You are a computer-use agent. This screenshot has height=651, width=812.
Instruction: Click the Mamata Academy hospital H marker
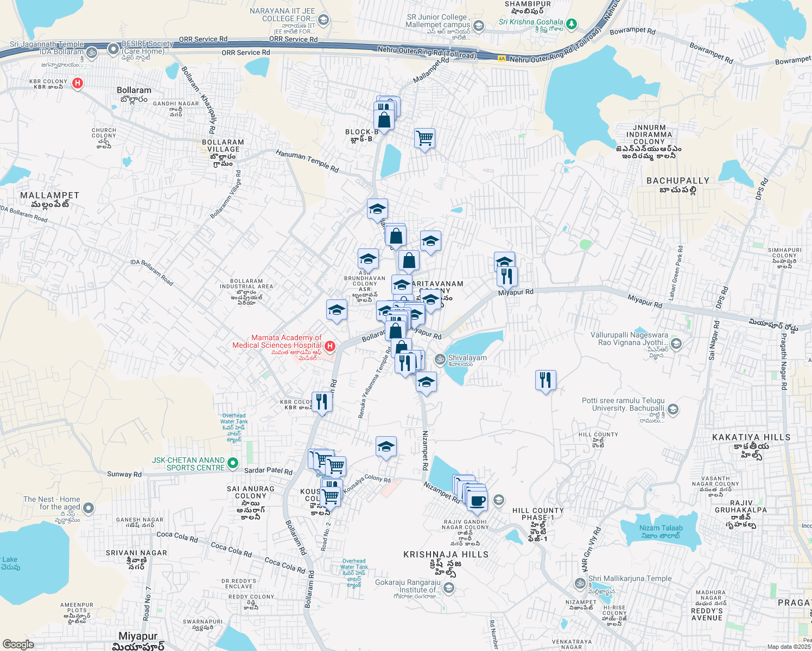(x=329, y=346)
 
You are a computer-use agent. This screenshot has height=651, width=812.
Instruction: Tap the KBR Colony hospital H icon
(x=78, y=83)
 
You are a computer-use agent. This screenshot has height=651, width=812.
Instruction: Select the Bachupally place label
(x=678, y=181)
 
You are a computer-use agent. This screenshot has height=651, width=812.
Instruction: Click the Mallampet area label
(x=49, y=195)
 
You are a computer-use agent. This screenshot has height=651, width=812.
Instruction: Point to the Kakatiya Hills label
(x=751, y=437)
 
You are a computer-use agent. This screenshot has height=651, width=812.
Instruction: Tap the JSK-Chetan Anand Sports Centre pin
(x=233, y=463)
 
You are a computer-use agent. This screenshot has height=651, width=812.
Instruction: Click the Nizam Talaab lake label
(x=661, y=528)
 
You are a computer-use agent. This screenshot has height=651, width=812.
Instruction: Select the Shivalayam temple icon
(x=440, y=359)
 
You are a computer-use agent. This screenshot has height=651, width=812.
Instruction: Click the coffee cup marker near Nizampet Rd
(x=477, y=501)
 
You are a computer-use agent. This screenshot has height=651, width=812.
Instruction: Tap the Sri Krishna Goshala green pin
(x=571, y=24)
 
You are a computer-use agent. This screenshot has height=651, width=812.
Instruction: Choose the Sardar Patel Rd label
(x=268, y=471)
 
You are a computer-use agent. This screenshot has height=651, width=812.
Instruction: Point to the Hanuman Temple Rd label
(x=307, y=161)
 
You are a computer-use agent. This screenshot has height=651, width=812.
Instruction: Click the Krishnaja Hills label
(x=446, y=554)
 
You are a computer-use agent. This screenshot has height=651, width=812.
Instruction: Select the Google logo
(x=18, y=644)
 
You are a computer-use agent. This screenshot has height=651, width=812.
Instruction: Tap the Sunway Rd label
(x=124, y=474)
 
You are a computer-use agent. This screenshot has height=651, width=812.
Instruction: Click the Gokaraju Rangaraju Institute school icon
(x=449, y=588)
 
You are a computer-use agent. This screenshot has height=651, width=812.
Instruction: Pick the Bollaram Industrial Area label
(x=246, y=284)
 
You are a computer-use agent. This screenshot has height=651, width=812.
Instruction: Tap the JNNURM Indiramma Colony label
(x=649, y=135)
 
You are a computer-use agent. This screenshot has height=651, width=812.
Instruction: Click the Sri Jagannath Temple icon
(x=92, y=53)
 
